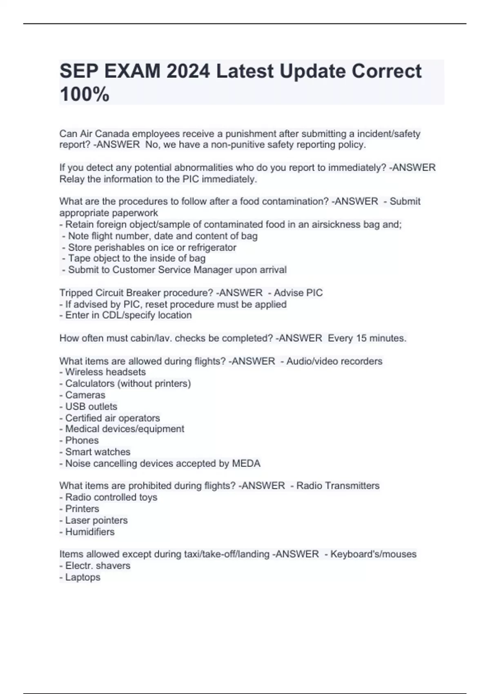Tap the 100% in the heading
point(85,94)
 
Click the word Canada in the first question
point(112,134)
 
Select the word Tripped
point(76,293)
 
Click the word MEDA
point(246,463)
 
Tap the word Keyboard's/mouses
point(373,554)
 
